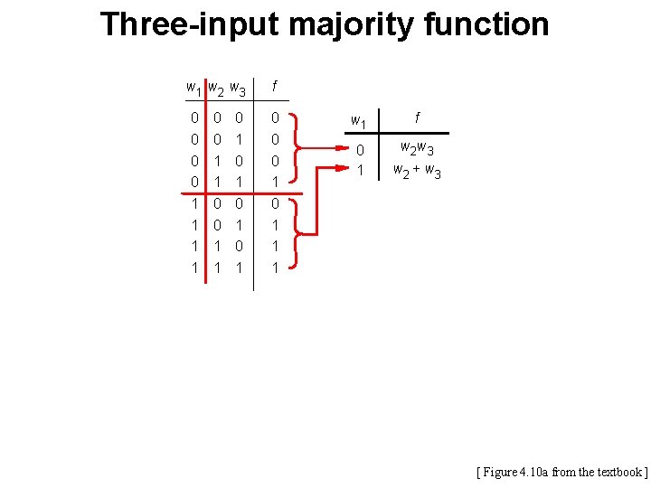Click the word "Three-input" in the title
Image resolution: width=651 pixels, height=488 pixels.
(x=190, y=24)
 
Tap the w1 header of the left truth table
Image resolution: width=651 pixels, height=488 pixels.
(x=193, y=89)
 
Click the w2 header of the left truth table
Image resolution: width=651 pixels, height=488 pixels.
(x=216, y=89)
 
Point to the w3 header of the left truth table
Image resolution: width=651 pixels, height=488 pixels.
(x=238, y=89)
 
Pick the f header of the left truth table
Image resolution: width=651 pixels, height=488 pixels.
(x=276, y=86)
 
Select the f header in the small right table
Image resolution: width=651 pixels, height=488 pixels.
(x=417, y=117)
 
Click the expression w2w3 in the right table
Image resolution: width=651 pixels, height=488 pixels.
(x=417, y=148)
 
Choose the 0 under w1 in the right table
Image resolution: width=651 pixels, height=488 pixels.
(x=359, y=150)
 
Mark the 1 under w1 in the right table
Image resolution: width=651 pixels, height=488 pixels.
(x=359, y=170)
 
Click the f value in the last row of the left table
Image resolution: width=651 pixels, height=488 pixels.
(x=276, y=268)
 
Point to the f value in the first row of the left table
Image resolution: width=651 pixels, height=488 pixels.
(x=276, y=117)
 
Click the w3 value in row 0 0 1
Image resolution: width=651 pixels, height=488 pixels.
(x=239, y=139)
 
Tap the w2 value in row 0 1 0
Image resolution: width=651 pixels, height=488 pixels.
(x=217, y=161)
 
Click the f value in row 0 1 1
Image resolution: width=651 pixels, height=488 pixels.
(x=276, y=183)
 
